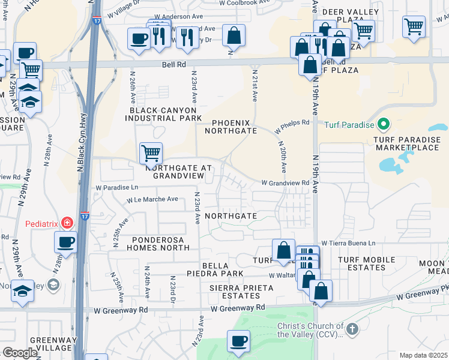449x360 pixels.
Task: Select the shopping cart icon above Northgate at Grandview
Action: [x=151, y=152]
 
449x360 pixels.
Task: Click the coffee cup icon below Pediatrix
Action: [x=65, y=242]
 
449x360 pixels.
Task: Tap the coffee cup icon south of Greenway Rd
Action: [x=238, y=341]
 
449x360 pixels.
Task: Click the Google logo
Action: [x=20, y=353]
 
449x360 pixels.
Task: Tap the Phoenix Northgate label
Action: [x=231, y=126]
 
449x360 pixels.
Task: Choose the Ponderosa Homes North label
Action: [x=158, y=243]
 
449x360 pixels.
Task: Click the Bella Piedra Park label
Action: [x=223, y=269]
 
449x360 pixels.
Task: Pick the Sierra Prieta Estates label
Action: [x=241, y=292]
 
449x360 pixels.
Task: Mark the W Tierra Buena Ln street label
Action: [x=348, y=243]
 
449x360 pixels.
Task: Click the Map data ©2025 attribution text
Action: [x=423, y=355]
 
